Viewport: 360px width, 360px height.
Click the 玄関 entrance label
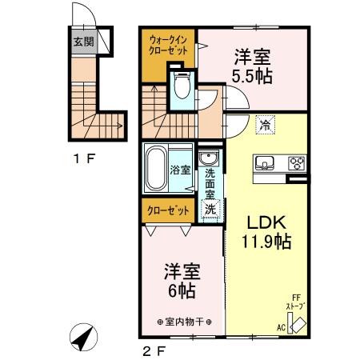click(82, 42)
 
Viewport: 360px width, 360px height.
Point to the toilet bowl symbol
click(181, 86)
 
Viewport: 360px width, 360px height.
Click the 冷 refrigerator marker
click(265, 125)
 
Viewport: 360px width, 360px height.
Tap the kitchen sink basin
click(265, 164)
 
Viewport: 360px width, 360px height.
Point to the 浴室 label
click(181, 170)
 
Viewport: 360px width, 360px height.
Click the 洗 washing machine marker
click(210, 209)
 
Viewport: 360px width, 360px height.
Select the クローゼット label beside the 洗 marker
click(168, 210)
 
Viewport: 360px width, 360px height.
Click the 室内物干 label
click(183, 322)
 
